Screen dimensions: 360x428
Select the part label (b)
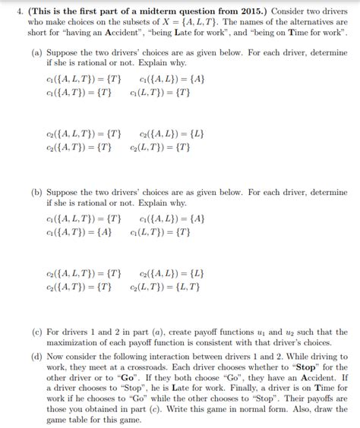pyautogui.click(x=36, y=193)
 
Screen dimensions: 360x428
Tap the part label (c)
pyautogui.click(x=36, y=332)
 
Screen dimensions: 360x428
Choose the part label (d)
pyautogui.click(x=36, y=355)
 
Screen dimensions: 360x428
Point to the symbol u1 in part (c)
pyautogui.click(x=267, y=332)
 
